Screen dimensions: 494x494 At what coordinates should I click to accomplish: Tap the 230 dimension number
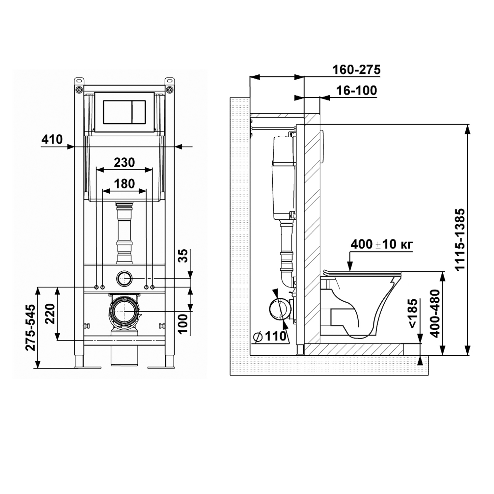[124, 162]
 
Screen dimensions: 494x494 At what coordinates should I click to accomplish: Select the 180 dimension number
[124, 183]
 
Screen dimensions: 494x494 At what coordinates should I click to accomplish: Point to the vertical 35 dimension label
[184, 256]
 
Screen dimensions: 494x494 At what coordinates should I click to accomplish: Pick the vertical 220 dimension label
[50, 314]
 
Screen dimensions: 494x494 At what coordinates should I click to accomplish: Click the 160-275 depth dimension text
[356, 70]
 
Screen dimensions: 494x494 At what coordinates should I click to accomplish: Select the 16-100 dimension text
[357, 90]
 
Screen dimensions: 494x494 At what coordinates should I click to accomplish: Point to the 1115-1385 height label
[460, 239]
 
